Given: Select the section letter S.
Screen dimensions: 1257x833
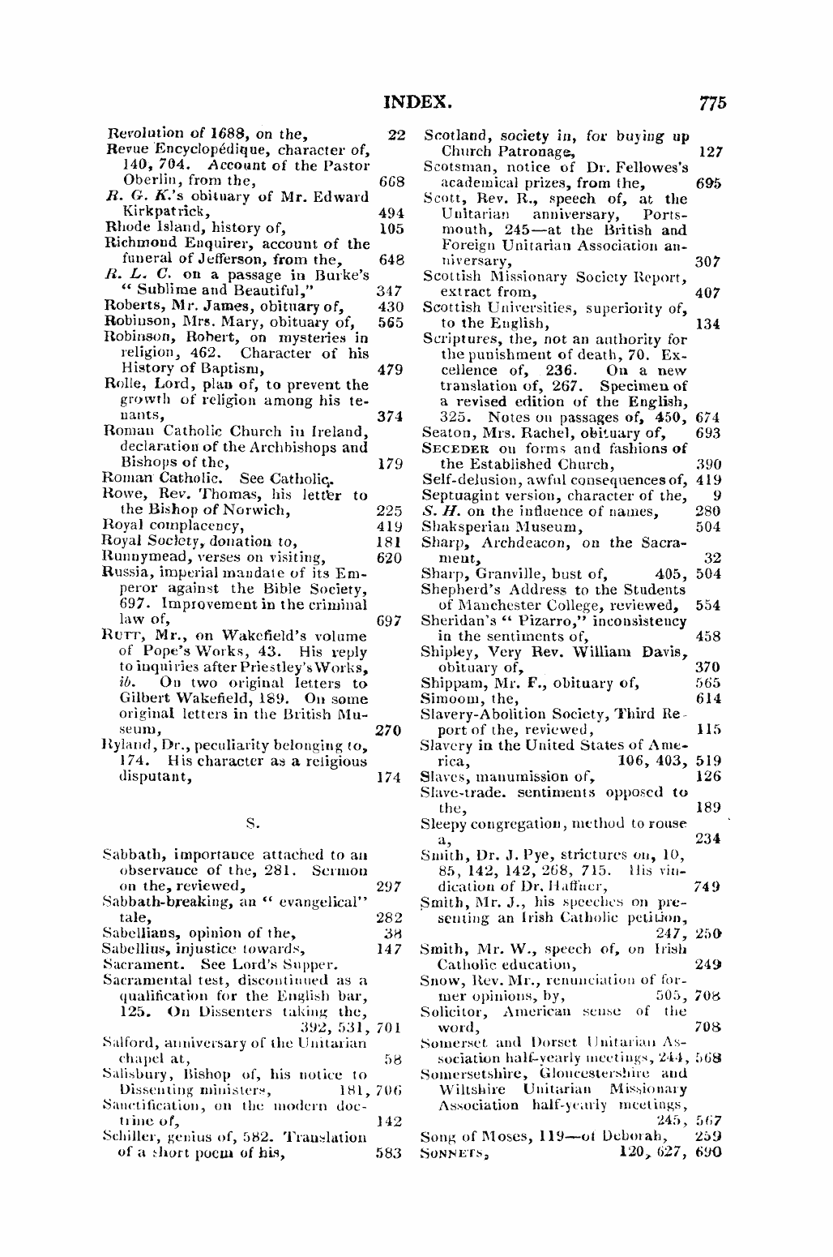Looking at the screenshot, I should pos(253,824).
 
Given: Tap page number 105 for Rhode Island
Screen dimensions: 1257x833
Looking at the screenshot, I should pos(391,228).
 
